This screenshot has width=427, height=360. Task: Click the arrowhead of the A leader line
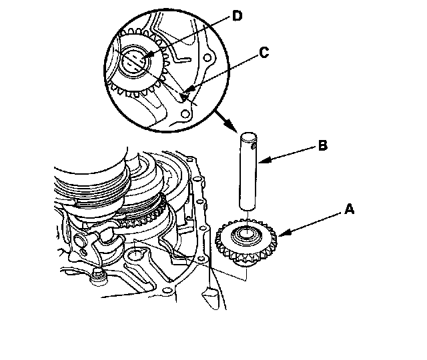pyautogui.click(x=280, y=233)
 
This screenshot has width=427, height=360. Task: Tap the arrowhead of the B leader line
pyautogui.click(x=260, y=161)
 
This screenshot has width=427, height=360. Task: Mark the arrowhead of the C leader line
pyautogui.click(x=184, y=95)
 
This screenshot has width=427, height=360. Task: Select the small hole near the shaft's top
pyautogui.click(x=253, y=141)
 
